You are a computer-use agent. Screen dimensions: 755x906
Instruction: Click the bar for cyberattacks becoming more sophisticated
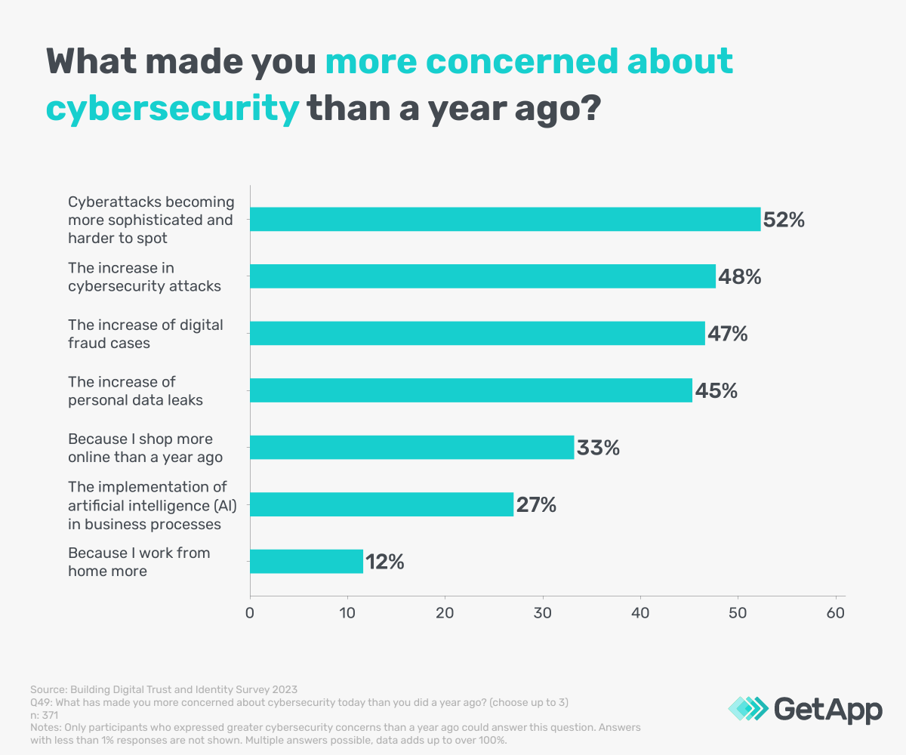pos(504,220)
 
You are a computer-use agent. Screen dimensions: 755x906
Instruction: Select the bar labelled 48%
pos(482,276)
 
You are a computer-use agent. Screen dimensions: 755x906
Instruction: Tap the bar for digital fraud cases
pos(477,334)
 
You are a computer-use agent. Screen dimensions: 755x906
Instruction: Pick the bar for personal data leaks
pos(470,390)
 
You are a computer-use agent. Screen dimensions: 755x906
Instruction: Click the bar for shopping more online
pos(411,448)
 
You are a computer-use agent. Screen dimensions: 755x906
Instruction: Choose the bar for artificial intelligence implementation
pos(381,504)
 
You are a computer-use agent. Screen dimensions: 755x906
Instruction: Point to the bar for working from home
pos(307,562)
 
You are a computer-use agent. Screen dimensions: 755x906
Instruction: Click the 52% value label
pos(784,220)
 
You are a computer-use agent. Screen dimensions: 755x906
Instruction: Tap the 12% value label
pos(385,562)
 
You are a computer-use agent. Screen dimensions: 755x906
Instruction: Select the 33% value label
pos(598,448)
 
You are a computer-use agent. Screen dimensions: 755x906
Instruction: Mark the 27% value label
pos(535,505)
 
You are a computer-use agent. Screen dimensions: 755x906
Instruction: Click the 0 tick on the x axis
pos(250,612)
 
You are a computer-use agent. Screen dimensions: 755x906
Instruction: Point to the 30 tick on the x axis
pos(543,612)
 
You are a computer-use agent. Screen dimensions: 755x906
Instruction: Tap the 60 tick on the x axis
pos(836,612)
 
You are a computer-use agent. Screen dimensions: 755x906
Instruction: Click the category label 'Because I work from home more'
pos(139,562)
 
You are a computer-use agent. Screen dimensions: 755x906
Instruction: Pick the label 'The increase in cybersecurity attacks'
pos(144,276)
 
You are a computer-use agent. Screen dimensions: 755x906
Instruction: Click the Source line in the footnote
pos(164,689)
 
